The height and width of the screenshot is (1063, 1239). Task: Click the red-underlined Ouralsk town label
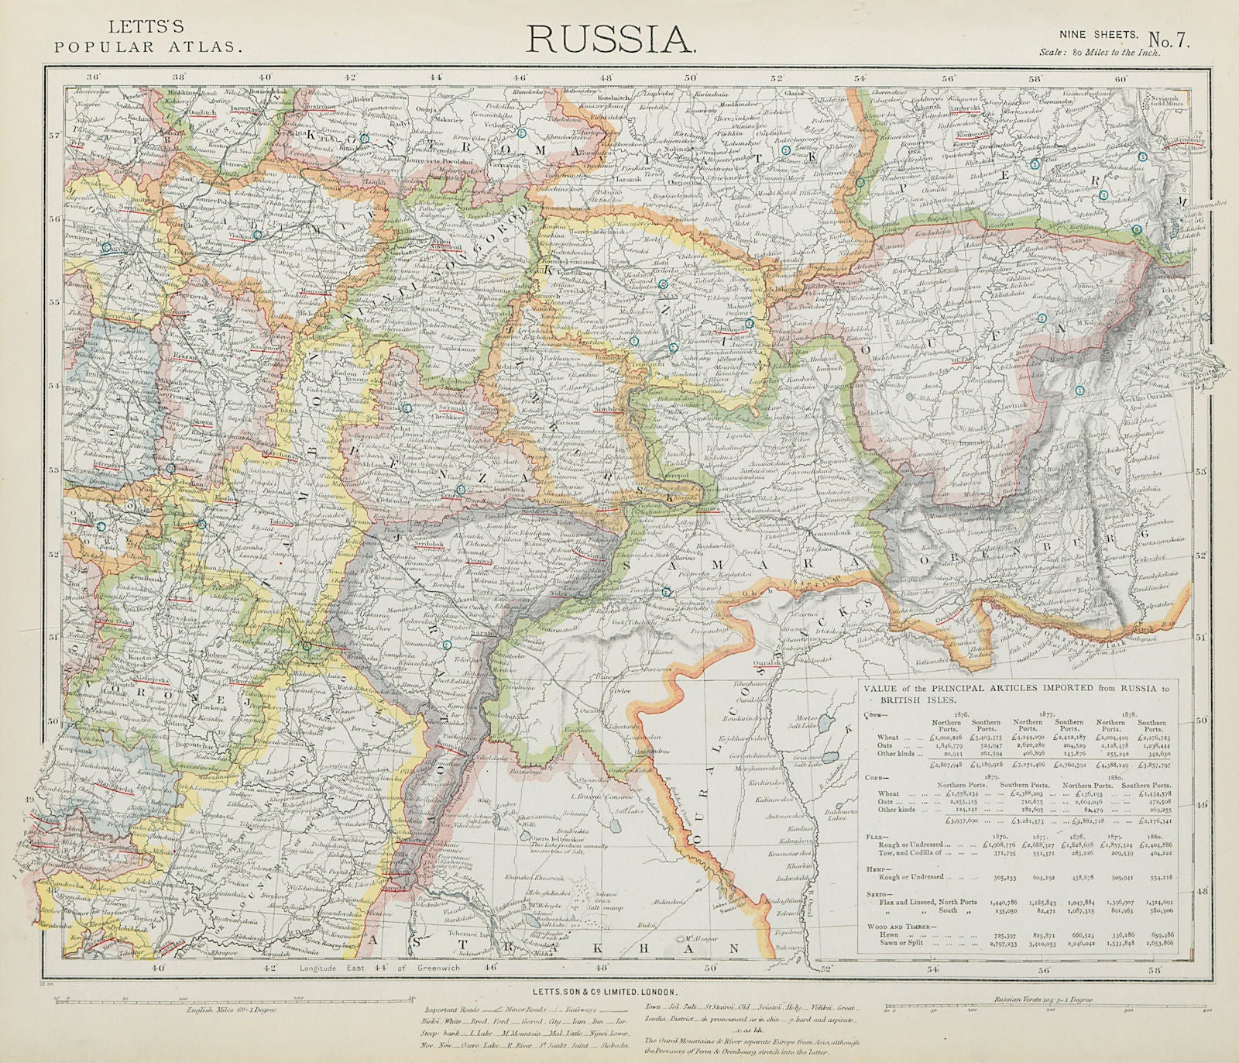(768, 662)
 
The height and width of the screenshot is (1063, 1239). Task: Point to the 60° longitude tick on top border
(1120, 78)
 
